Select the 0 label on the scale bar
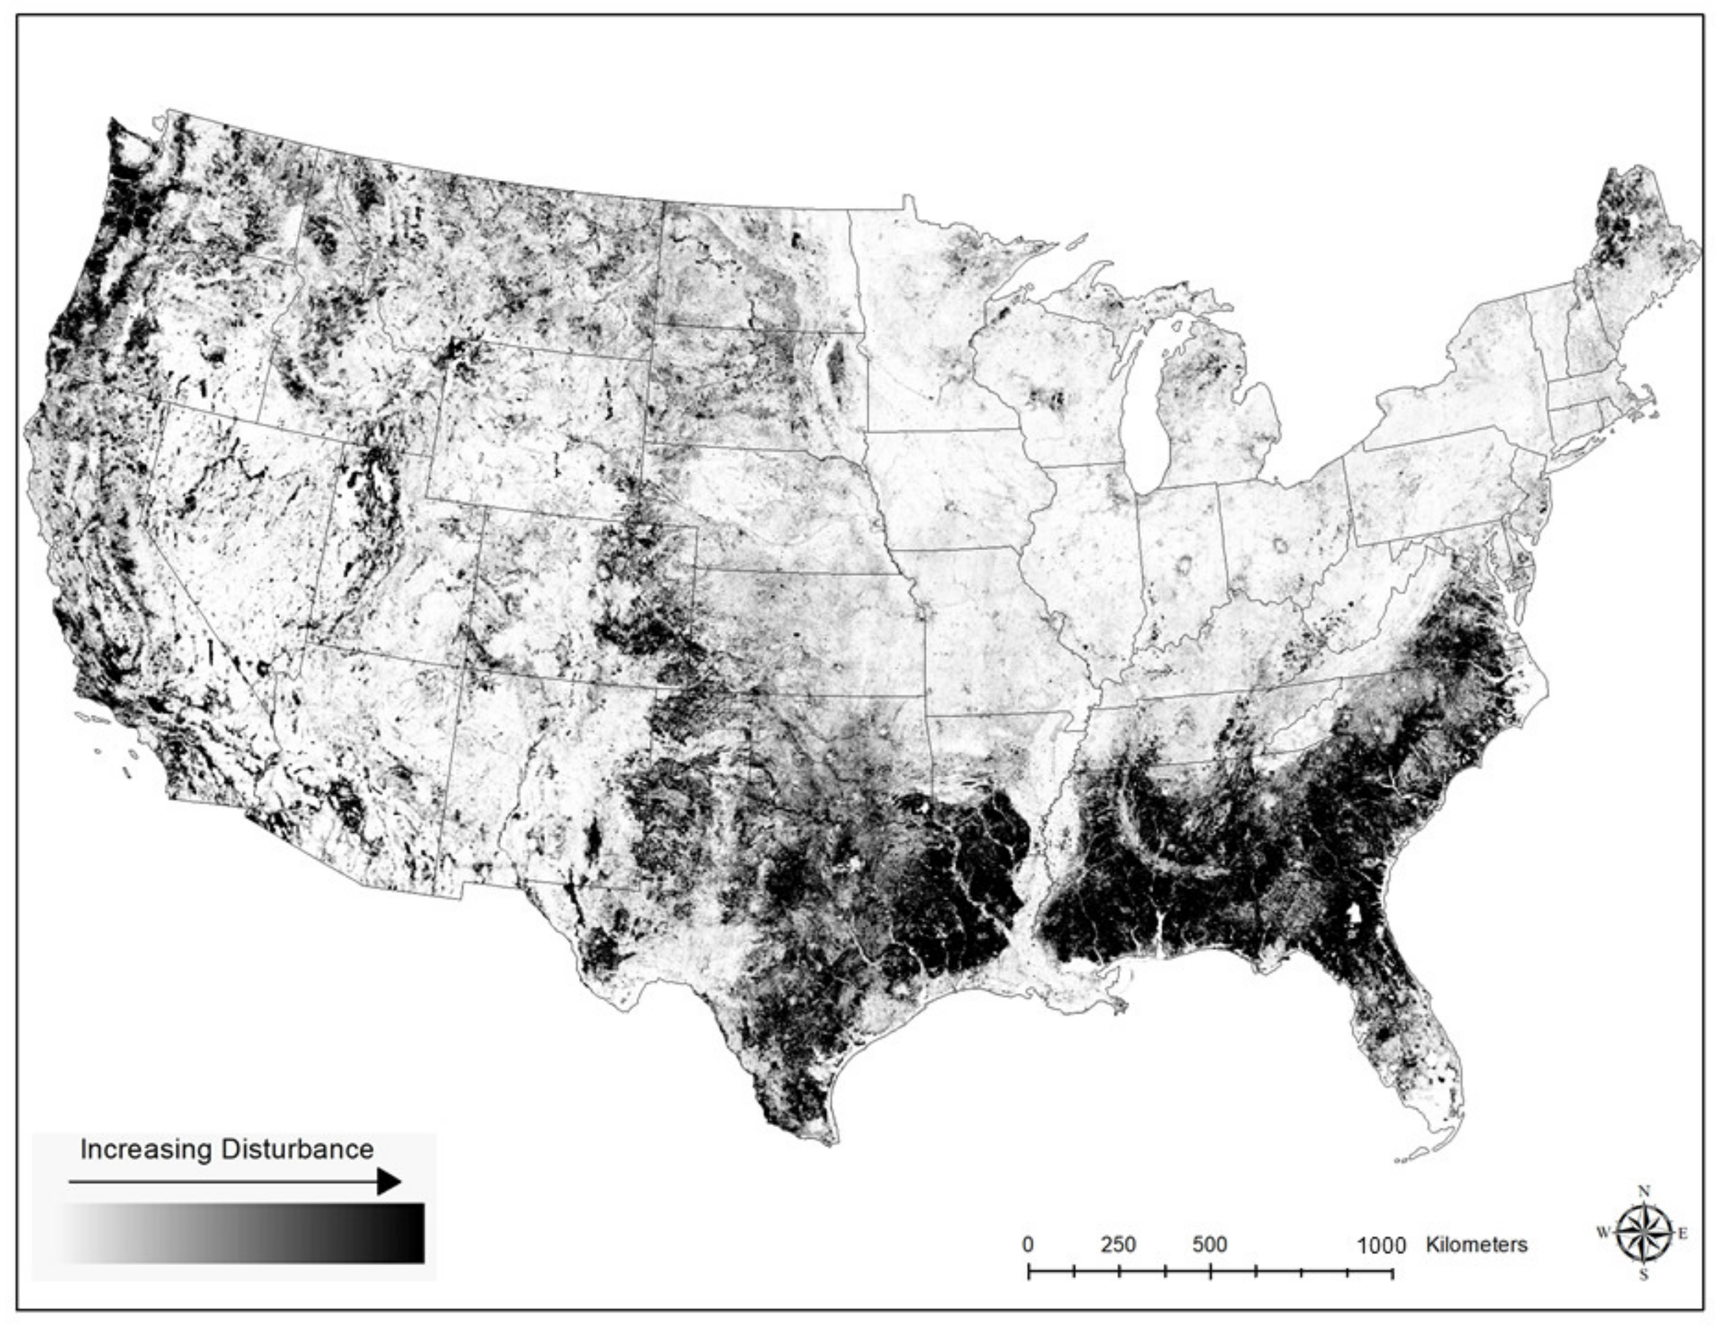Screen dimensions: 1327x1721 [x=1028, y=1245]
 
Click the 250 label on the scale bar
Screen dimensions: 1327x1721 [x=1118, y=1245]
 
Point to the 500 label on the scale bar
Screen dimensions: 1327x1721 [x=1209, y=1245]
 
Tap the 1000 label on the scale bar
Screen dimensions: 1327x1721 [x=1381, y=1246]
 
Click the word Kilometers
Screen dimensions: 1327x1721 [x=1477, y=1245]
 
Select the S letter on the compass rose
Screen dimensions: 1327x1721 [x=1644, y=1276]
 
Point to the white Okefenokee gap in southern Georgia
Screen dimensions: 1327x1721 [x=1354, y=913]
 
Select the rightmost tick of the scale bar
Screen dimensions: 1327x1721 [x=1393, y=1271]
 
